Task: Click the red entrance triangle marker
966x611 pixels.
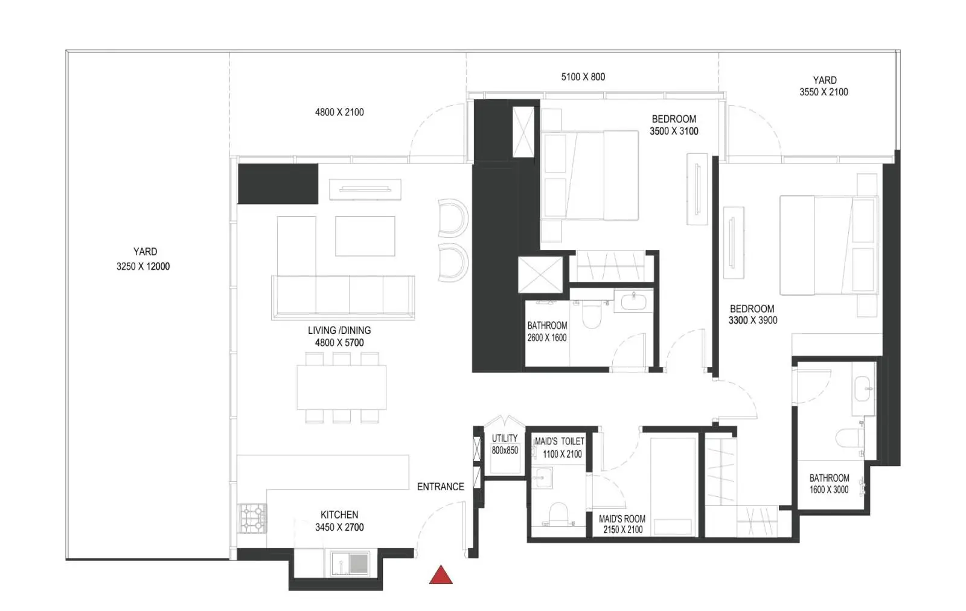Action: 441,575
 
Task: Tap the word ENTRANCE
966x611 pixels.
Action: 440,487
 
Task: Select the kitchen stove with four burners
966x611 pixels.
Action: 253,519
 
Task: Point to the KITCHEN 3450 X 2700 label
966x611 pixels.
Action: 339,521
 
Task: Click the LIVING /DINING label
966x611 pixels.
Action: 339,330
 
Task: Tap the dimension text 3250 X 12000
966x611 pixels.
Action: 143,266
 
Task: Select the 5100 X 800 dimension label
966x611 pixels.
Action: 583,77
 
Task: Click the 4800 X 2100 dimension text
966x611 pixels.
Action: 339,112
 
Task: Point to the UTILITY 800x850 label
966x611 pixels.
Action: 505,444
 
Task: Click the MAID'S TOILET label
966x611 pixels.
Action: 559,441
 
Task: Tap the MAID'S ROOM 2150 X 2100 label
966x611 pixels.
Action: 622,524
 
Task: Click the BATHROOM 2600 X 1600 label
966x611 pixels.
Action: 547,331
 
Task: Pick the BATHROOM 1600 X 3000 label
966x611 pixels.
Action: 829,484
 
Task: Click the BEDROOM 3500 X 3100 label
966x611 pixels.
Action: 674,125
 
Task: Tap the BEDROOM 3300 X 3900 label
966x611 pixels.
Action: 753,315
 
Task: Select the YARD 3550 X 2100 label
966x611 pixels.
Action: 824,86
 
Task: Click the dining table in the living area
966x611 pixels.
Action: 342,387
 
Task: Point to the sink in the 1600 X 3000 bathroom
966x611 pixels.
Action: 863,388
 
